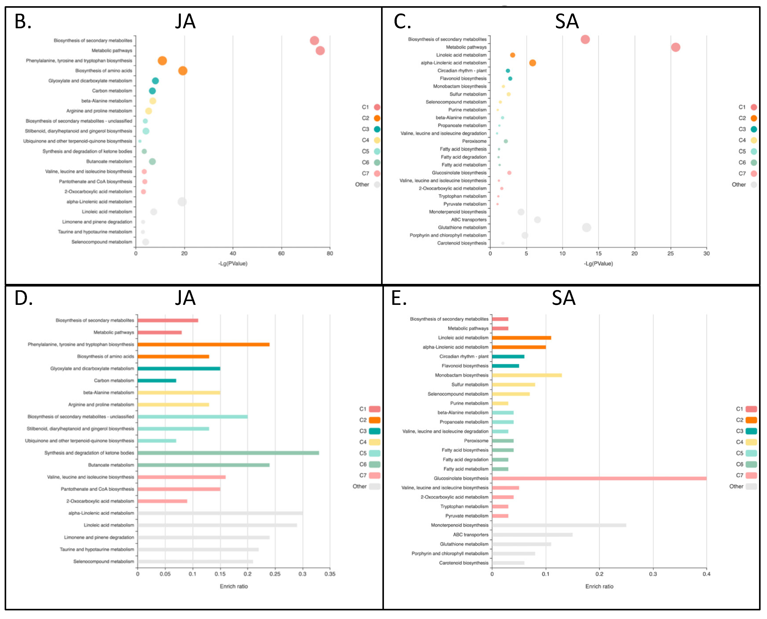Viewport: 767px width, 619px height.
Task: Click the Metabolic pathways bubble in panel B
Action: point(320,51)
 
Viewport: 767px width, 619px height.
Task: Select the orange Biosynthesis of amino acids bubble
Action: point(183,71)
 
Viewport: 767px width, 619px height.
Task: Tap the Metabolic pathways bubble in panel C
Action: point(675,47)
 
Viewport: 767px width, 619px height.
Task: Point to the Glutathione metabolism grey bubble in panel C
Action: point(586,228)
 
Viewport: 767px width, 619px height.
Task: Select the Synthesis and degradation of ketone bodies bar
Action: point(228,453)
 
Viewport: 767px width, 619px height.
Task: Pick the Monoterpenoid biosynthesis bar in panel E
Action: point(559,525)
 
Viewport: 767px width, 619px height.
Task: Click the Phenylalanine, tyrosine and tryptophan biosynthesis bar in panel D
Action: point(203,344)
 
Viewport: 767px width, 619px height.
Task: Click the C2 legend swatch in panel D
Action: point(375,420)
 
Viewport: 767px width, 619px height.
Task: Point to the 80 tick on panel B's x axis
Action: point(330,254)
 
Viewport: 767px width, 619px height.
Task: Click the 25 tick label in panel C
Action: point(671,254)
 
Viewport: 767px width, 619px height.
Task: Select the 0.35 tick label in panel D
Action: point(330,574)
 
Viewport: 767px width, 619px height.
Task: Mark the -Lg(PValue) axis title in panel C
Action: point(598,264)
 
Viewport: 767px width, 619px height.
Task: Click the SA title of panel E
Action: point(563,298)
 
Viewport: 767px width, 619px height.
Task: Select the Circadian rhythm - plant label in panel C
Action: point(462,71)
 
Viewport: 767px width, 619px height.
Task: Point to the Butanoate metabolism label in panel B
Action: point(109,161)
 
